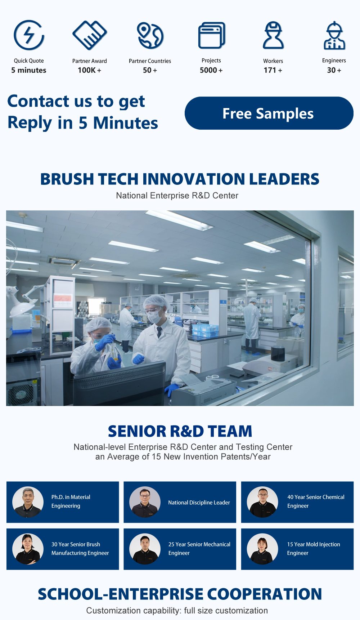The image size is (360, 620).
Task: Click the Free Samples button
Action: (x=269, y=113)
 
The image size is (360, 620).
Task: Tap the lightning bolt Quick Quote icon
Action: (x=29, y=35)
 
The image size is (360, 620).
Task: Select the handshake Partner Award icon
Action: (x=90, y=35)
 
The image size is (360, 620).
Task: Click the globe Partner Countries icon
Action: (x=150, y=35)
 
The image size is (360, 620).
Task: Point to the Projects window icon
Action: (x=212, y=35)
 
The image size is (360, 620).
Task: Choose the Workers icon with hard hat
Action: (x=273, y=35)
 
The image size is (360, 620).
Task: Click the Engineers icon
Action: (x=334, y=35)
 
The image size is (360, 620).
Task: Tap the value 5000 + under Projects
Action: (x=211, y=70)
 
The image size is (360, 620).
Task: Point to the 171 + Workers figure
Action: (x=273, y=70)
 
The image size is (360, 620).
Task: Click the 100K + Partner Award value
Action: (x=90, y=70)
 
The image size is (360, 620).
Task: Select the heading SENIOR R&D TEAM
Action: (x=180, y=431)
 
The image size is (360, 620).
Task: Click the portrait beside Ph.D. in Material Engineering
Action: (x=28, y=502)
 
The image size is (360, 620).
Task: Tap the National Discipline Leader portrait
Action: (x=145, y=502)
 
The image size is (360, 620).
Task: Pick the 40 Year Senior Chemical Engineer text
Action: (x=316, y=501)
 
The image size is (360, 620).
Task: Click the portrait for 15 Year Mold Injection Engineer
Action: (x=262, y=549)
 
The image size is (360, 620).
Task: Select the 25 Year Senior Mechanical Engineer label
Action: (x=199, y=549)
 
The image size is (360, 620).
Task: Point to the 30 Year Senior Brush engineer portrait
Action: (x=28, y=549)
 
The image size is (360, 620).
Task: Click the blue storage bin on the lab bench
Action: (x=205, y=330)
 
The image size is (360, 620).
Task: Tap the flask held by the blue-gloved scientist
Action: (x=115, y=352)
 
